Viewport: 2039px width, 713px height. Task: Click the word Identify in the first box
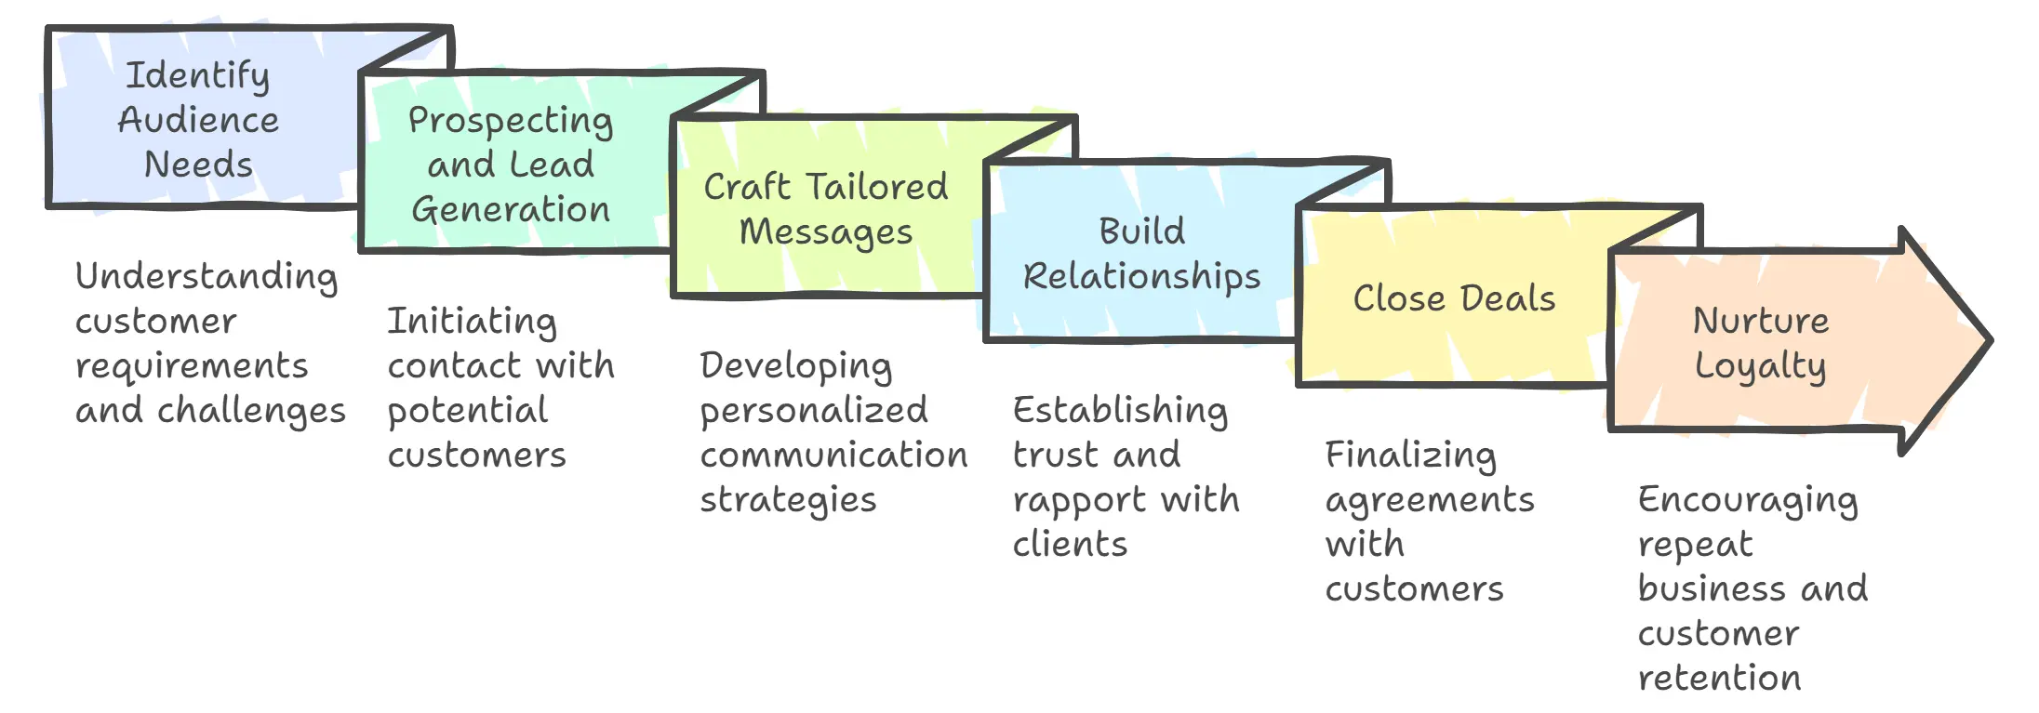[197, 75]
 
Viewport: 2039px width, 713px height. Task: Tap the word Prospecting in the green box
[510, 121]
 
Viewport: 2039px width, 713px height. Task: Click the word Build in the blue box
[1141, 231]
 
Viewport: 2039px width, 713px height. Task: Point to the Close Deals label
[1453, 298]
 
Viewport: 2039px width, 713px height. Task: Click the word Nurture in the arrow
[1760, 321]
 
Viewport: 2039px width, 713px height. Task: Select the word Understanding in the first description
[207, 277]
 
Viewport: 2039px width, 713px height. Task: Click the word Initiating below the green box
[472, 322]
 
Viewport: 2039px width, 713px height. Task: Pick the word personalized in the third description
[814, 411]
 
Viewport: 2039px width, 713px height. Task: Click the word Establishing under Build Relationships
[1120, 410]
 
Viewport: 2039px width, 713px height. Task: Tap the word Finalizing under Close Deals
[1410, 456]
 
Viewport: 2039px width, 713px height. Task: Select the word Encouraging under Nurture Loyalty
[1748, 500]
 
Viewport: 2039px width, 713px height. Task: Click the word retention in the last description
[1719, 678]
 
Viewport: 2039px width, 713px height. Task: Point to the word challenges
[251, 411]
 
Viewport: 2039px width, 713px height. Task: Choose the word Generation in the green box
[511, 209]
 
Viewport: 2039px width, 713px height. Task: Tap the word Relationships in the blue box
[1141, 276]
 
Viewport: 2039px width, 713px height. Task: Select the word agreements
[1430, 501]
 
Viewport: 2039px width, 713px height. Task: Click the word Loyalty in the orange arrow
[1760, 366]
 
